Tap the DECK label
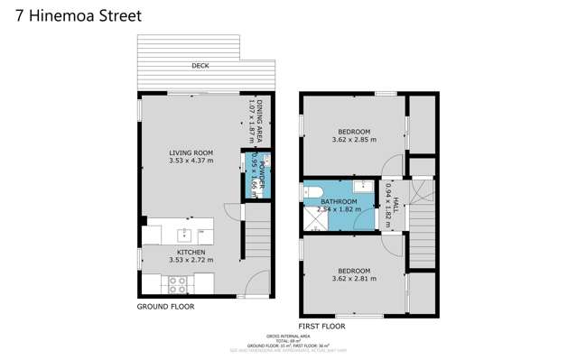(x=200, y=66)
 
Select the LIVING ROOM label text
(x=191, y=152)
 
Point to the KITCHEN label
(x=191, y=253)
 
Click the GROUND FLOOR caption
(x=165, y=308)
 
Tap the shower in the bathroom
(x=314, y=218)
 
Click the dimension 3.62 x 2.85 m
(x=354, y=140)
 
